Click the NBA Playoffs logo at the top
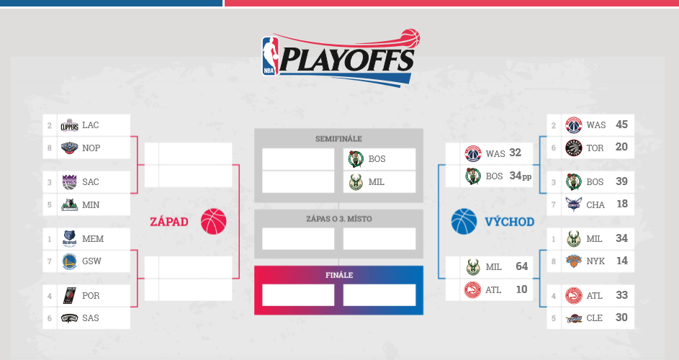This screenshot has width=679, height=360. click(341, 57)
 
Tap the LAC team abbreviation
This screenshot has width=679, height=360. click(91, 125)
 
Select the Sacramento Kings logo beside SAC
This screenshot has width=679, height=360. click(69, 182)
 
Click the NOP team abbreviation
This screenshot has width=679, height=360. click(91, 148)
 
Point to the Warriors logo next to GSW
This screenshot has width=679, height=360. click(69, 261)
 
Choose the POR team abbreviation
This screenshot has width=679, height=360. click(91, 295)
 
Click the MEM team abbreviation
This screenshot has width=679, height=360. click(93, 239)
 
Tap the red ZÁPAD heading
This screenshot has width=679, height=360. click(169, 222)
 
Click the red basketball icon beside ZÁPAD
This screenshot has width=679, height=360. click(213, 221)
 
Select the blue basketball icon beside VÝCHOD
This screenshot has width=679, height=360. click(464, 221)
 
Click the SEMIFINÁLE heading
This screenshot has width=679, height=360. click(338, 139)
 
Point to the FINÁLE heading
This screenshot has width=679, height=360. click(339, 275)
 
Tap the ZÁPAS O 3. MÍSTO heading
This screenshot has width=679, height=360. click(339, 219)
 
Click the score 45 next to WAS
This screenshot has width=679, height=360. click(622, 125)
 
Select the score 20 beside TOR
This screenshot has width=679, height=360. click(622, 148)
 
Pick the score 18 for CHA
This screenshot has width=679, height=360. click(622, 204)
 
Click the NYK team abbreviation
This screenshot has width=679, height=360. click(595, 261)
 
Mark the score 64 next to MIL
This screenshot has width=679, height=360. click(522, 266)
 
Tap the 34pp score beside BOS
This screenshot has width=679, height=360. click(521, 176)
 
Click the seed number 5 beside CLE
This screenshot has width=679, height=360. click(554, 318)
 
